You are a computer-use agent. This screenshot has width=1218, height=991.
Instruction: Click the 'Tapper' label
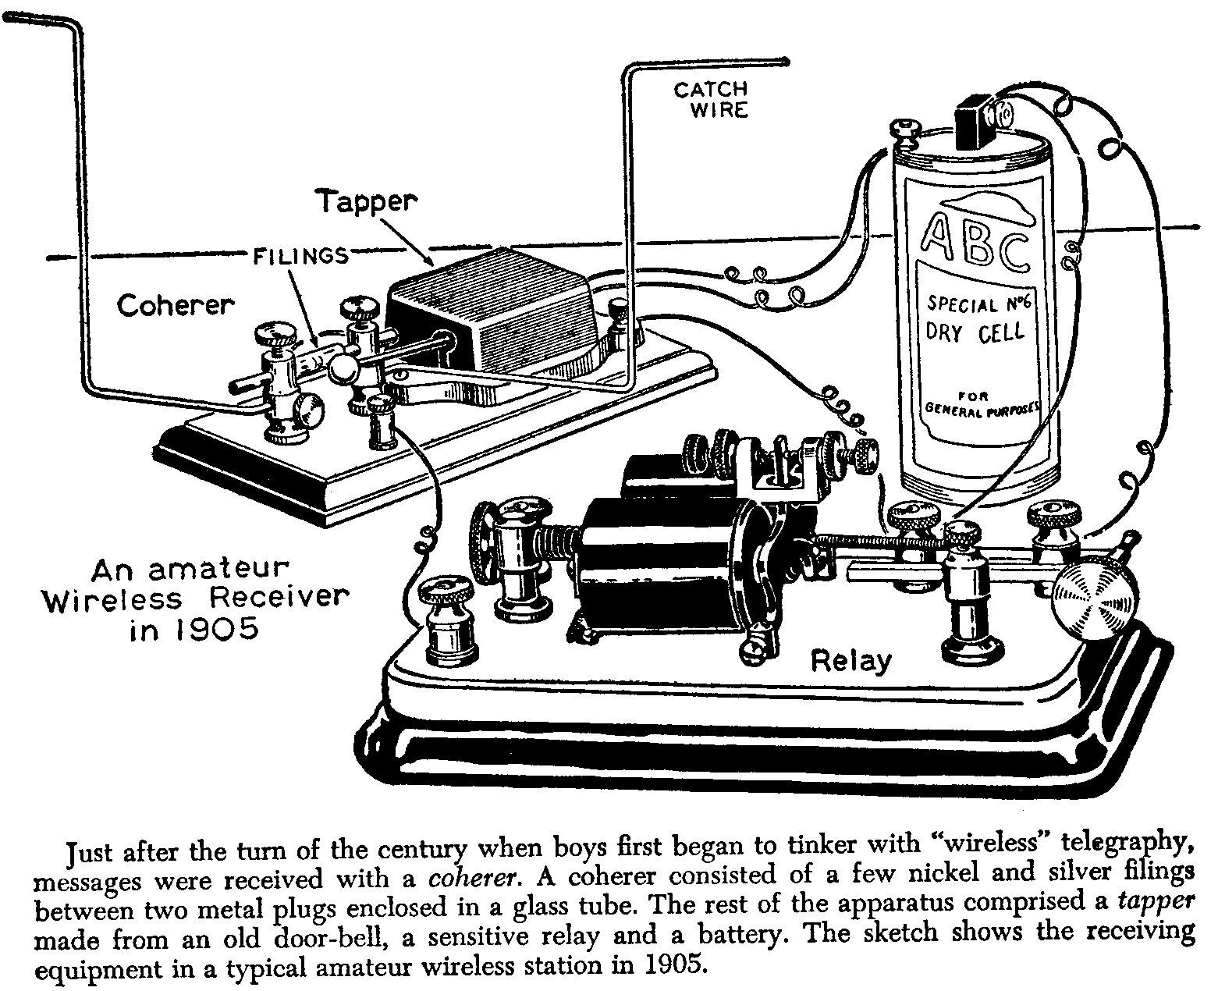tap(365, 201)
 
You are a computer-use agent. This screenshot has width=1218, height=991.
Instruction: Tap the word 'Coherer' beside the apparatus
tap(175, 305)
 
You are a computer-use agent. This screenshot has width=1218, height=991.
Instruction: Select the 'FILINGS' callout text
tap(300, 255)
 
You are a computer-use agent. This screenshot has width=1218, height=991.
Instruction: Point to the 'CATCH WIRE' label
tap(710, 100)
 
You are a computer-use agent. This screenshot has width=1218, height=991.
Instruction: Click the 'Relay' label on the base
tap(850, 661)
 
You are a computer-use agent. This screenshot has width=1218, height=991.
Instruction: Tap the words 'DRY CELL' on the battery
tap(975, 333)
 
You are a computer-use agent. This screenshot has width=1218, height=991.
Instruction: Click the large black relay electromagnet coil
tap(663, 562)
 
